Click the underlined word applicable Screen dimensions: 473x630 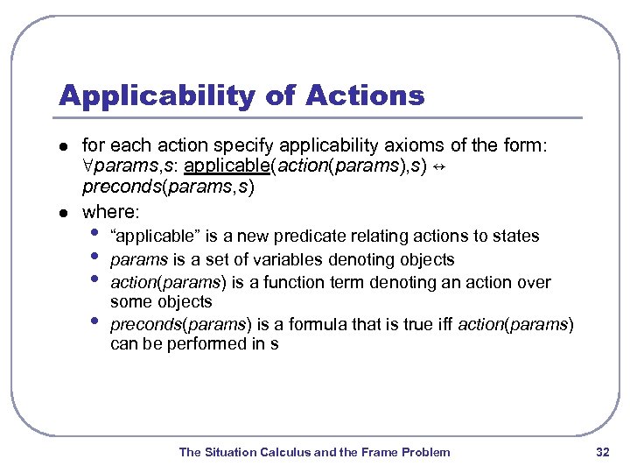click(x=227, y=166)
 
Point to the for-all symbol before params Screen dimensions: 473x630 click(x=87, y=166)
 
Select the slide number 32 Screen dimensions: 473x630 click(x=602, y=452)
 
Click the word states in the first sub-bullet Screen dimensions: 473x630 click(x=519, y=236)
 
